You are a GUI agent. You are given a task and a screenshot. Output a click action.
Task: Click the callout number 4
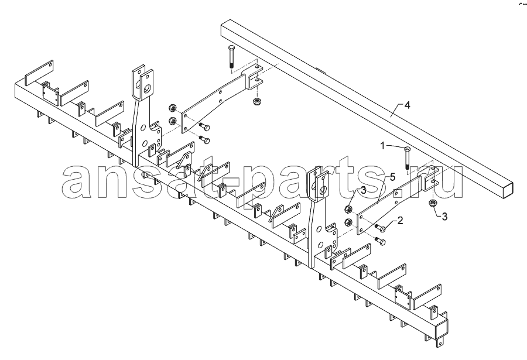407,105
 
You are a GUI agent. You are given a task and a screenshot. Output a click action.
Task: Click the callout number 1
382,146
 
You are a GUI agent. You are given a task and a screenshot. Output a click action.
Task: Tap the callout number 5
392,177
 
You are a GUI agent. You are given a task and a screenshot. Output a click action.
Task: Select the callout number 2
399,221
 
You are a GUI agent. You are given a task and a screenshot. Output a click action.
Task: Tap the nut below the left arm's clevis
257,101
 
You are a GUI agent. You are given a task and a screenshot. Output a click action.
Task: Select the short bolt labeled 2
381,228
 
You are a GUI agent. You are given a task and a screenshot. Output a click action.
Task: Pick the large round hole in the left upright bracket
147,89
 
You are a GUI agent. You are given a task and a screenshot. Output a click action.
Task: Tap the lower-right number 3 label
444,217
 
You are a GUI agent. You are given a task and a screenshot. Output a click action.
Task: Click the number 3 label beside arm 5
363,191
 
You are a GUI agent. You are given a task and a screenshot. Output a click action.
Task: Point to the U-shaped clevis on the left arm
254,76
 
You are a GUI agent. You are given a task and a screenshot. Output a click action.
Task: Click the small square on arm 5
396,193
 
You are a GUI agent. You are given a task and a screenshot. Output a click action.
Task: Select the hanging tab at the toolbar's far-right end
440,341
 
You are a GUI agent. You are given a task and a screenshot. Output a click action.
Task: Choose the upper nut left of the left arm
172,108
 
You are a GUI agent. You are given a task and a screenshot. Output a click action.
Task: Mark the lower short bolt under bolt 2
380,241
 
